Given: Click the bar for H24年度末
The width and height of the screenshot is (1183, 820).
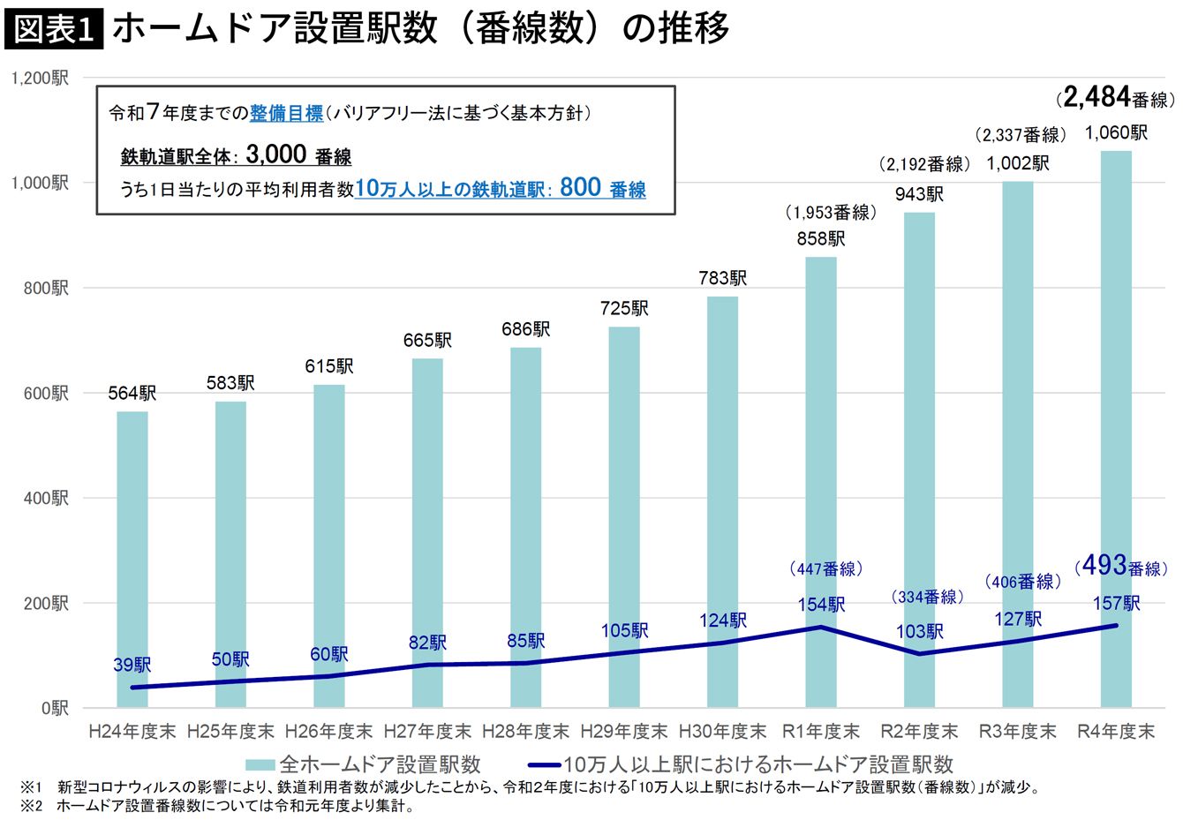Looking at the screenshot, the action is coord(132,560).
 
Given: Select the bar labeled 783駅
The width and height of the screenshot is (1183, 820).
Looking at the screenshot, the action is coord(722,502).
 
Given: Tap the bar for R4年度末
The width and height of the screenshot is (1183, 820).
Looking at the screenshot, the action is coord(1116,429).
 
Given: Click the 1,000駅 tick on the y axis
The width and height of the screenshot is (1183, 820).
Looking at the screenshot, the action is coord(40,184).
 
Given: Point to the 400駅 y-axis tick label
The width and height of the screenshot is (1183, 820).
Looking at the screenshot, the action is coord(45,498).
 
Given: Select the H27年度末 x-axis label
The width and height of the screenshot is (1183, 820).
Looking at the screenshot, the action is coord(427,732).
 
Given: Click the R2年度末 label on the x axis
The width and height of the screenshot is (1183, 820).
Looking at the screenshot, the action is coord(919,732).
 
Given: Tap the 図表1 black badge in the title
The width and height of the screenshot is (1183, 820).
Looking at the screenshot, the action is coord(54,29).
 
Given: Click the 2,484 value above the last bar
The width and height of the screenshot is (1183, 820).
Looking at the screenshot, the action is coord(1096,97).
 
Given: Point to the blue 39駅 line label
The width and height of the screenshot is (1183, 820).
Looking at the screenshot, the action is coord(132,665).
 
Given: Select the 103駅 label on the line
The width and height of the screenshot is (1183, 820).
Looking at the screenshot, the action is coord(919,631).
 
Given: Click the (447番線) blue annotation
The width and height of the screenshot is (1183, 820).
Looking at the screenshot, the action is coord(826,568).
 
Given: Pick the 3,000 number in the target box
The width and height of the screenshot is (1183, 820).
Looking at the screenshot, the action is coord(276,154).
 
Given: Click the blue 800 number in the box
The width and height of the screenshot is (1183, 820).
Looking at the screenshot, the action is coord(580,187).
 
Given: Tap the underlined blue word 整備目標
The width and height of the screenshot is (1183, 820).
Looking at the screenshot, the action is coord(286,113).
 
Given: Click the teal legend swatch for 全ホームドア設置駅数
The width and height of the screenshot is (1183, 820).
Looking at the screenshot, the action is coord(260,764).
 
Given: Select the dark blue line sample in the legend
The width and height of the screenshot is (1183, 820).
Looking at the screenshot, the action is coord(545,764).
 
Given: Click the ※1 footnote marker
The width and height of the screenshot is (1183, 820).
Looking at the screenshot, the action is coord(31,788).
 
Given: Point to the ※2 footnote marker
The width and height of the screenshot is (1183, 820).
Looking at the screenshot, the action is coord(31,806).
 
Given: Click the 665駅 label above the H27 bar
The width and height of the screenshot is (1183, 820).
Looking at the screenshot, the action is coord(427,341).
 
